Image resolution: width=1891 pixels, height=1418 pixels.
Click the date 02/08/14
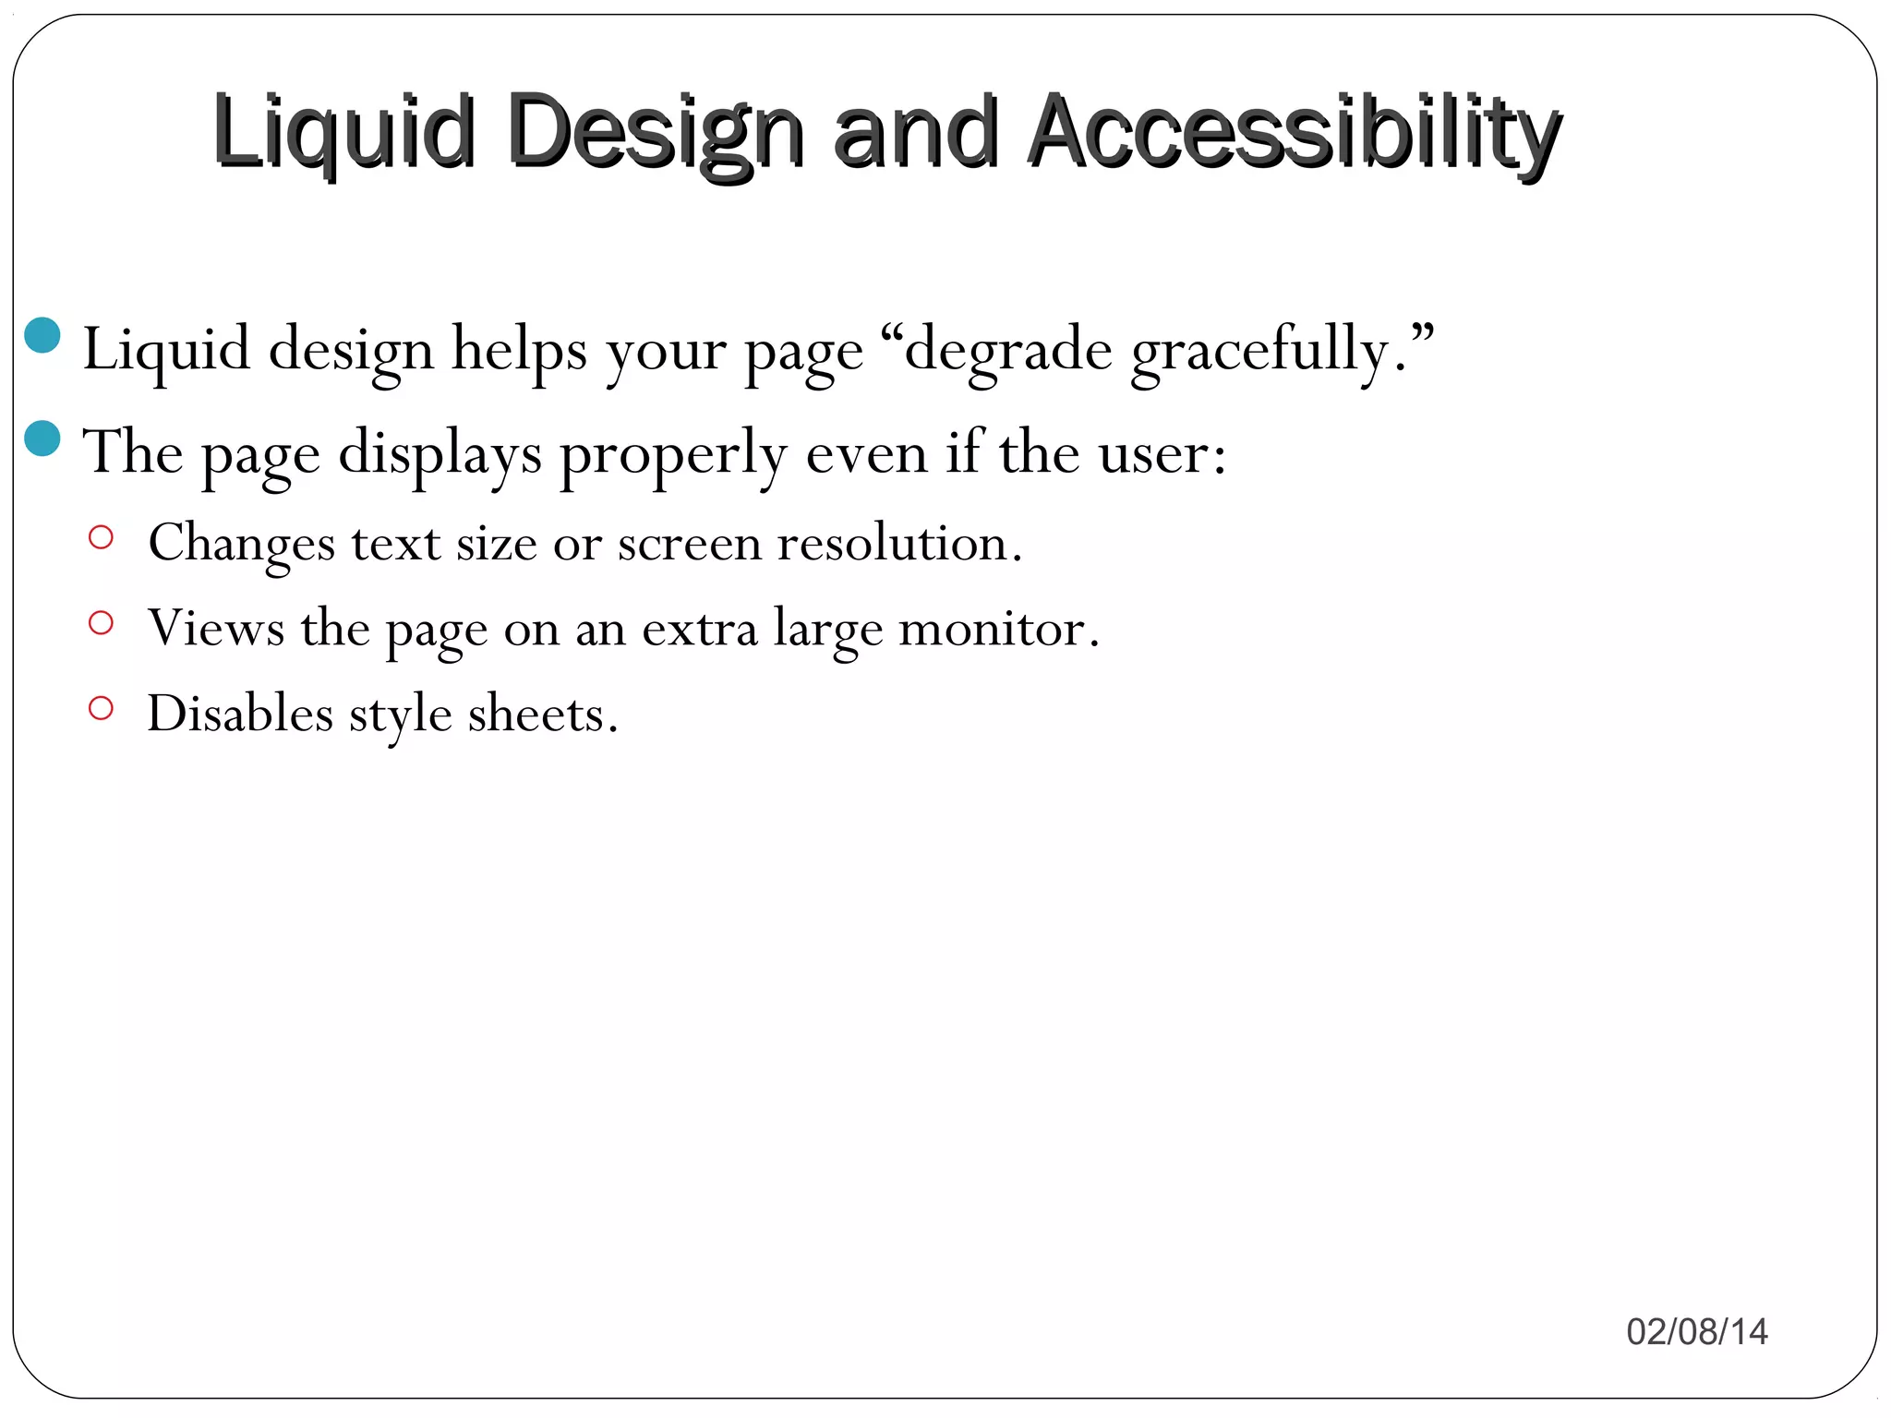[1697, 1331]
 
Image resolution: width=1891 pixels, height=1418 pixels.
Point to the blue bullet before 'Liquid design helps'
[42, 336]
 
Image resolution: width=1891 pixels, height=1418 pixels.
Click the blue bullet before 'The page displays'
[42, 439]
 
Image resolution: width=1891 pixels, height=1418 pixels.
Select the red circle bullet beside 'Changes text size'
[101, 537]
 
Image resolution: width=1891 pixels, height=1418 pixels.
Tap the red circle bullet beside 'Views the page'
[101, 623]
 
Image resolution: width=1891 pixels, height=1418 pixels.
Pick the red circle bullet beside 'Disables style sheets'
[101, 709]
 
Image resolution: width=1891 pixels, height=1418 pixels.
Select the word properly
[674, 454]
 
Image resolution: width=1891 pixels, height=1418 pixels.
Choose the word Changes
[242, 542]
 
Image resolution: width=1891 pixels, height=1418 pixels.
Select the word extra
[699, 629]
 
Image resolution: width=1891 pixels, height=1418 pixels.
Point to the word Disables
[240, 714]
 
